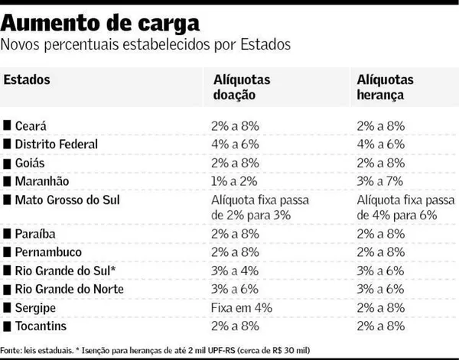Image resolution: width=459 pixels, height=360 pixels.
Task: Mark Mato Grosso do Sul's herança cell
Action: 404,208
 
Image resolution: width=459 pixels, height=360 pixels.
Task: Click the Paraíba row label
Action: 35,234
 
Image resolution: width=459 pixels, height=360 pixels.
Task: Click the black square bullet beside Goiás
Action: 8,164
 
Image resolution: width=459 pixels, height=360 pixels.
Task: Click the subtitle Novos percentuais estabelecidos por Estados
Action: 145,44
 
